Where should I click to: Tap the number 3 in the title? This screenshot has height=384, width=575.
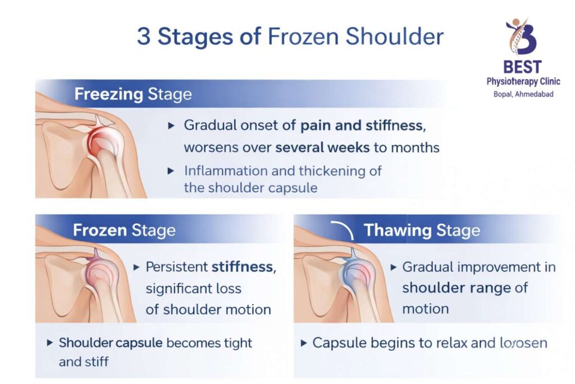coord(144,37)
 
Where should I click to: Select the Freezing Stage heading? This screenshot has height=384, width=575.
coord(133,94)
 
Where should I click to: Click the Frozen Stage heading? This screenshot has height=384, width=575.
coord(124,230)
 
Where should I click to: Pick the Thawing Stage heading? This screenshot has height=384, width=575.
coord(422,230)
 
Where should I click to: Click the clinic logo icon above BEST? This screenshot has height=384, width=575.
coord(522,37)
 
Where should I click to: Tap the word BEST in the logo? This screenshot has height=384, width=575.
coord(522,67)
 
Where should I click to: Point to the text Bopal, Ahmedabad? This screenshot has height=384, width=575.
coord(523,94)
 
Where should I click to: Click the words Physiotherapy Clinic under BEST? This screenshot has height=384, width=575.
coord(523,82)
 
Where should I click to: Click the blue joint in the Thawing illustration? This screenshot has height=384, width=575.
coord(352,274)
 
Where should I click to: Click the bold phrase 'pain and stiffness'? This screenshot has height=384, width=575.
coord(361,125)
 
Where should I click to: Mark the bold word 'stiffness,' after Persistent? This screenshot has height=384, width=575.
coord(244,266)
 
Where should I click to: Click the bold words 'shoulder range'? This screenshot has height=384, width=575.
coord(456,288)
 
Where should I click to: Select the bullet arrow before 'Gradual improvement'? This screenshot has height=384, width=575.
coord(393,266)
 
